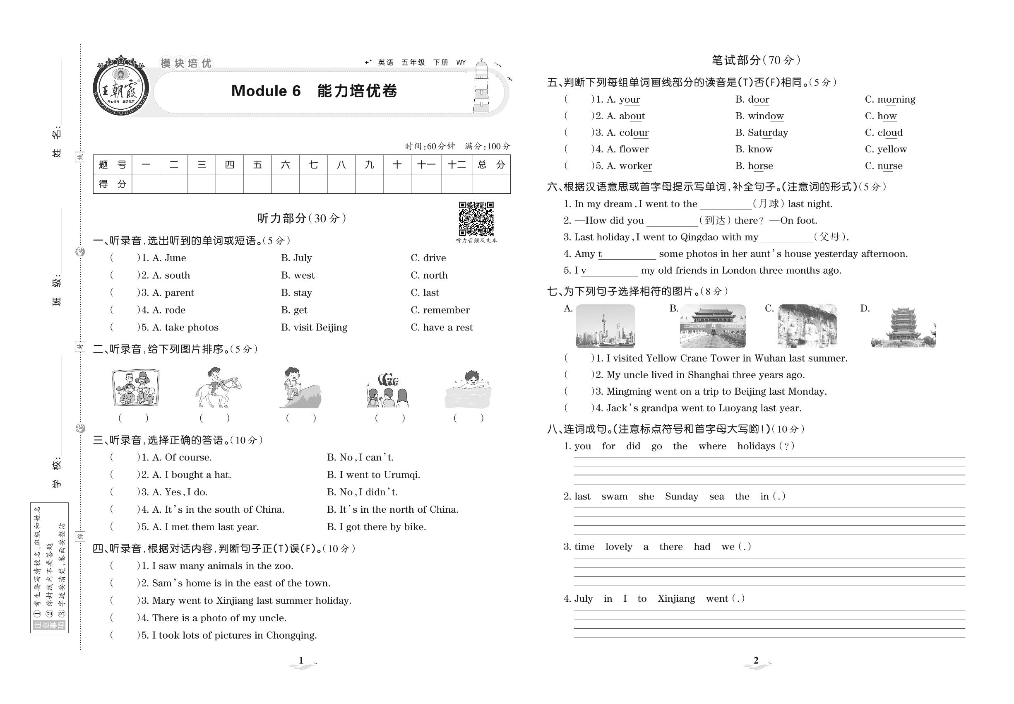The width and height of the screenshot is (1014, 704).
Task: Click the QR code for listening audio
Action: [476, 219]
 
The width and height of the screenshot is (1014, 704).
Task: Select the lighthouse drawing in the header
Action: [481, 87]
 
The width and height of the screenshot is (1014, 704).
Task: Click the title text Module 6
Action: [266, 91]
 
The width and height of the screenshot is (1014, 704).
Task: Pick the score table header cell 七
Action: [313, 165]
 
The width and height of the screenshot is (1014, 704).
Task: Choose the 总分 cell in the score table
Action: [491, 165]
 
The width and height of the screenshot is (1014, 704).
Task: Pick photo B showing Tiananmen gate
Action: [712, 326]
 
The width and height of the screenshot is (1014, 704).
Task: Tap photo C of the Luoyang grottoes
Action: [807, 326]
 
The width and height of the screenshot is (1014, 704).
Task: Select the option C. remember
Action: [440, 310]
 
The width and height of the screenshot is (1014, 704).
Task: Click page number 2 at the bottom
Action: [756, 661]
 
